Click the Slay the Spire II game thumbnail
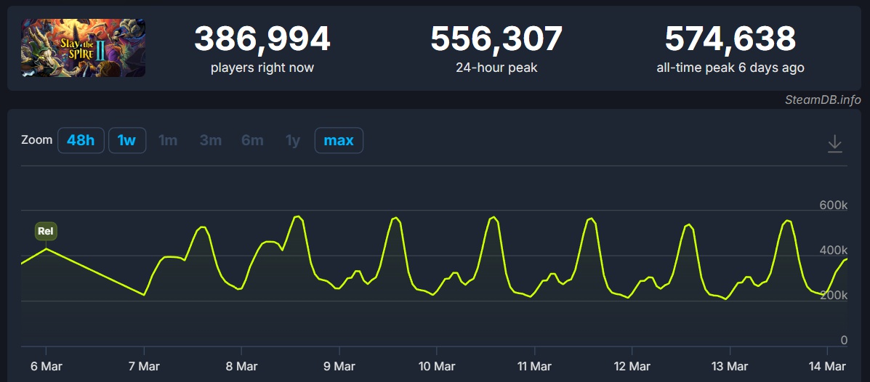pyautogui.click(x=83, y=48)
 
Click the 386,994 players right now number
pyautogui.click(x=262, y=39)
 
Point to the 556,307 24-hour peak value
pyautogui.click(x=496, y=39)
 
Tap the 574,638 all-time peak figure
pyautogui.click(x=730, y=39)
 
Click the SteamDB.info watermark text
pyautogui.click(x=823, y=99)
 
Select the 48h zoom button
pyautogui.click(x=81, y=140)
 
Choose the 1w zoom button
pyautogui.click(x=127, y=140)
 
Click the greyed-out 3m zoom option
pyautogui.click(x=211, y=140)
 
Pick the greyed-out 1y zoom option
pyautogui.click(x=293, y=140)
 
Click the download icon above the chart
pyautogui.click(x=835, y=143)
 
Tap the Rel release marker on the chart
pyautogui.click(x=46, y=231)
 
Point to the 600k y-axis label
pyautogui.click(x=834, y=206)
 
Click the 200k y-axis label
pyautogui.click(x=834, y=295)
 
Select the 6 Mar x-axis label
pyautogui.click(x=46, y=366)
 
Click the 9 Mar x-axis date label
pyautogui.click(x=339, y=366)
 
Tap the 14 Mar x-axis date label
pyautogui.click(x=827, y=366)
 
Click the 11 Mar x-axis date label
pyautogui.click(x=534, y=366)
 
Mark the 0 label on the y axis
pyautogui.click(x=844, y=340)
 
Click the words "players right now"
pyautogui.click(x=262, y=68)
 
